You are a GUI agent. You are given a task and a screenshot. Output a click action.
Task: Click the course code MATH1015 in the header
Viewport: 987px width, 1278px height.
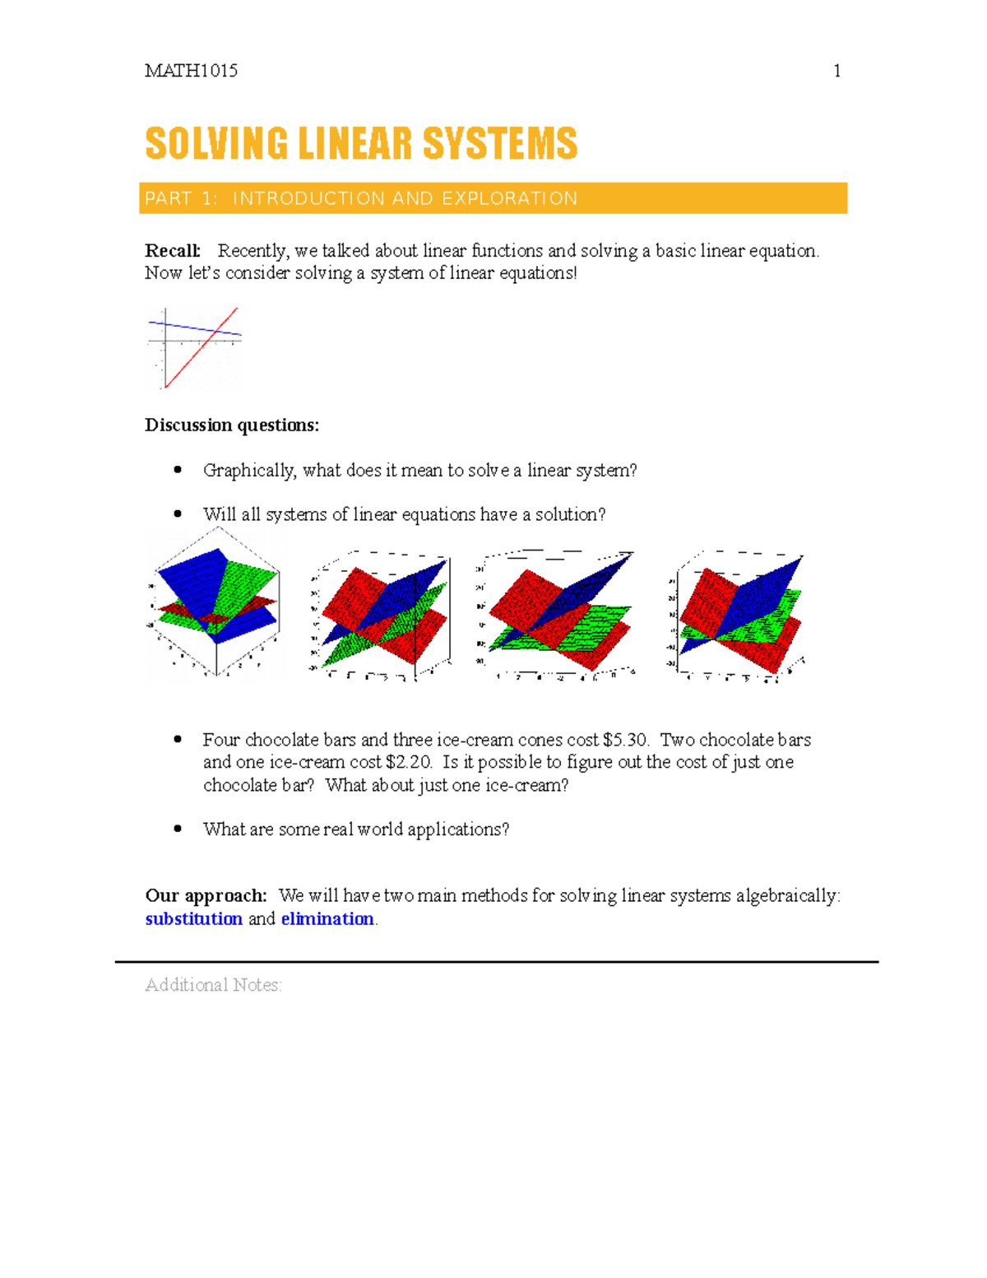point(191,71)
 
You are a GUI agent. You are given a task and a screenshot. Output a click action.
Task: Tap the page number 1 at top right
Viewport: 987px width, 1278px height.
point(836,71)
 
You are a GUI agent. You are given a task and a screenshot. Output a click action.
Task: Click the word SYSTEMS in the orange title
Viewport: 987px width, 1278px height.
point(500,144)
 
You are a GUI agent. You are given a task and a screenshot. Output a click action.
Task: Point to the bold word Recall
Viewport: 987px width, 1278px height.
point(172,251)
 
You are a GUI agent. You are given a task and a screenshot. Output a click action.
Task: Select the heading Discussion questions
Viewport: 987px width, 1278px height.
point(232,425)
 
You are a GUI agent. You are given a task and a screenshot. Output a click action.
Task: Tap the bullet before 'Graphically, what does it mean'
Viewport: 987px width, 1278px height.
point(178,470)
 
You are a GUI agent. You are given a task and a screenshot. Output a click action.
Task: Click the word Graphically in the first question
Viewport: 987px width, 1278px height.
point(249,471)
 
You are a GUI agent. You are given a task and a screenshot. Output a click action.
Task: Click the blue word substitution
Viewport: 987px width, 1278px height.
point(193,919)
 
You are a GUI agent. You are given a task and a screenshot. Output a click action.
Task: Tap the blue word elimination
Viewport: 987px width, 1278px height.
point(327,919)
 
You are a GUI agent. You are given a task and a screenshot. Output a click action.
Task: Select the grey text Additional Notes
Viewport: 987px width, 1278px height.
point(213,985)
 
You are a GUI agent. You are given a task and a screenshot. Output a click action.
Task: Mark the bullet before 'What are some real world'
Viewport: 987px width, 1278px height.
point(178,829)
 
